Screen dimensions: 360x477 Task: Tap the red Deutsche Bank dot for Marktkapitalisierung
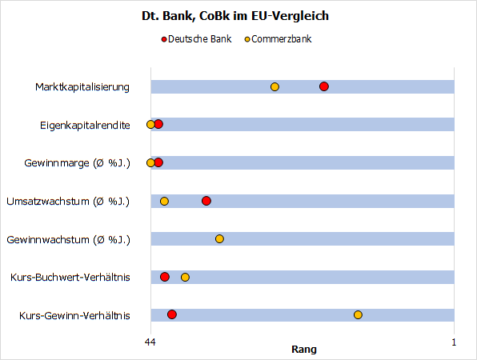[x=324, y=86]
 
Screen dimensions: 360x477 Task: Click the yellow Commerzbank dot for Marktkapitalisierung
[x=275, y=86]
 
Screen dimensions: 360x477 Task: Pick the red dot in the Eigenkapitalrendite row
[x=158, y=124]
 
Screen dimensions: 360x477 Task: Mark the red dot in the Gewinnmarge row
[x=158, y=162]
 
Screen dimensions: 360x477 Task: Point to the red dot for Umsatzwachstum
[x=206, y=201]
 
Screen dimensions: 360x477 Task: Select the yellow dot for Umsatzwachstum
[x=164, y=201]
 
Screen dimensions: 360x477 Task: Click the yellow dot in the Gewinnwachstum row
[x=219, y=238]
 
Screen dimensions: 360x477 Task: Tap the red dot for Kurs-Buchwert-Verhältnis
[x=165, y=277]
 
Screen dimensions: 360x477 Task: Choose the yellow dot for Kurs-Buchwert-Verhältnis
[x=185, y=277]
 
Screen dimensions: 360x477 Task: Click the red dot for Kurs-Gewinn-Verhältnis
[x=172, y=314]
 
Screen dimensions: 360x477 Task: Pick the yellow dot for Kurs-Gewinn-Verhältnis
[x=358, y=314]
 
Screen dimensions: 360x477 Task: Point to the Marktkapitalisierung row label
[x=82, y=86]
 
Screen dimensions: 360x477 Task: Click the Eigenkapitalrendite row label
[x=85, y=125]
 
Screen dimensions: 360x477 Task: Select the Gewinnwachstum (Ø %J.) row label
[x=68, y=239]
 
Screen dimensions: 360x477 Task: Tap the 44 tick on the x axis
[x=150, y=342]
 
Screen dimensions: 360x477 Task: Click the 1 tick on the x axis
[x=454, y=342]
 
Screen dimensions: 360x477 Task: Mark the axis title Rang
[x=303, y=350]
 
